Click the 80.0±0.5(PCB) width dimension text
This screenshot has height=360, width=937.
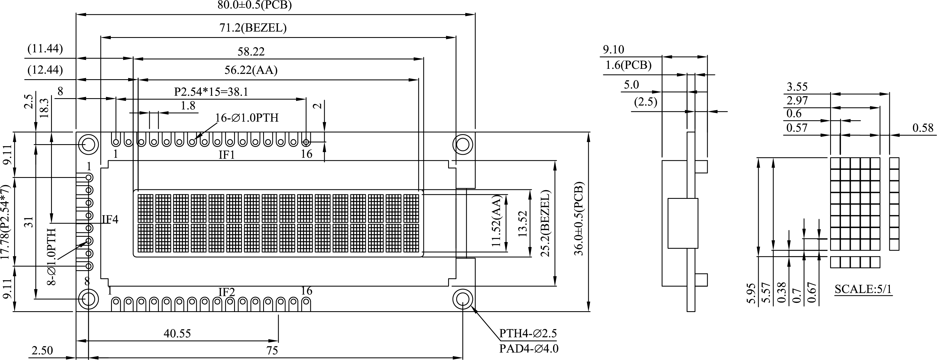pos(254,5)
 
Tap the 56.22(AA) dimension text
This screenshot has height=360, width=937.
pos(251,70)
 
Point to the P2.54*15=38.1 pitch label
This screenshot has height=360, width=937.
pos(211,92)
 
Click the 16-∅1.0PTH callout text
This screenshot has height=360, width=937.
pos(247,118)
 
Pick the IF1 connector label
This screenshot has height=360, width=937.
pos(227,155)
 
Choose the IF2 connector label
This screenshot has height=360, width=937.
pos(227,292)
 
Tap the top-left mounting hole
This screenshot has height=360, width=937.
pos(88,144)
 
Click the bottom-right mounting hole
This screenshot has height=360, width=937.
pos(463,299)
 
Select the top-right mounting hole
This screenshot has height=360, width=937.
pos(463,144)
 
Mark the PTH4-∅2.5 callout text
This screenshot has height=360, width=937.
pos(528,334)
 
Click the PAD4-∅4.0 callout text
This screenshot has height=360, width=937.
pos(528,349)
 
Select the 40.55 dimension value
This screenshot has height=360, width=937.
pos(177,334)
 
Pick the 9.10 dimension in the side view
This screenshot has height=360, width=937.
pos(613,49)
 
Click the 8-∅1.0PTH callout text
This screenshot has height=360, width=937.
pos(52,257)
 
